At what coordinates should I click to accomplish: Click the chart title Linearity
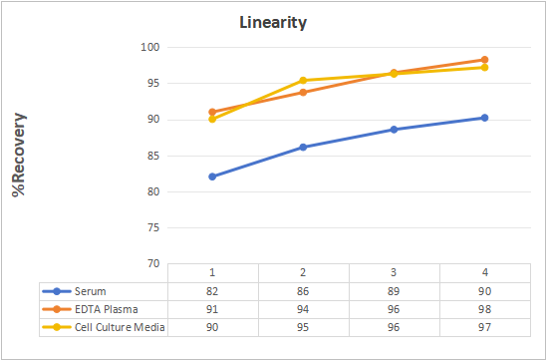pyautogui.click(x=273, y=23)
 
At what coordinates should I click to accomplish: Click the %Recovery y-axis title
pyautogui.click(x=19, y=155)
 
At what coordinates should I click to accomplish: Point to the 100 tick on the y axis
pyautogui.click(x=150, y=47)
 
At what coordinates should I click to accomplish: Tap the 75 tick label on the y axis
pyautogui.click(x=153, y=227)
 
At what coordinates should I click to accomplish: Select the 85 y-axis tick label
pyautogui.click(x=153, y=156)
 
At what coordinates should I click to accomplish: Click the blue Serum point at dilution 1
pyautogui.click(x=212, y=177)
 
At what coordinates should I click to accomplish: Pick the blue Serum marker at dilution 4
pyautogui.click(x=484, y=118)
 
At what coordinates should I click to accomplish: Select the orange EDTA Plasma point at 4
pyautogui.click(x=484, y=60)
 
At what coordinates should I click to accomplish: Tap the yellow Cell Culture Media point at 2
pyautogui.click(x=303, y=80)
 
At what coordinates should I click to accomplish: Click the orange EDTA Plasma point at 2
pyautogui.click(x=303, y=93)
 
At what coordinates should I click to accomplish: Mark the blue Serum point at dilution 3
pyautogui.click(x=394, y=130)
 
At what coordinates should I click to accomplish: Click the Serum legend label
pyautogui.click(x=91, y=291)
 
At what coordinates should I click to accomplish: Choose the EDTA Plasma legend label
pyautogui.click(x=107, y=309)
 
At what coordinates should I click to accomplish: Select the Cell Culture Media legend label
pyautogui.click(x=120, y=327)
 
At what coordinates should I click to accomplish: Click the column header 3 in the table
pyautogui.click(x=394, y=272)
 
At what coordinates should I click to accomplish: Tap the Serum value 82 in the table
pyautogui.click(x=212, y=291)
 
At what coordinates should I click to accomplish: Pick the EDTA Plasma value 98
pyautogui.click(x=484, y=309)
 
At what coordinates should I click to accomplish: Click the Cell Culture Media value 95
pyautogui.click(x=303, y=327)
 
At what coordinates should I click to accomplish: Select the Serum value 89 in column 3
pyautogui.click(x=394, y=291)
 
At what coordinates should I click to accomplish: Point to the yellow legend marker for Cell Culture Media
pyautogui.click(x=57, y=327)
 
